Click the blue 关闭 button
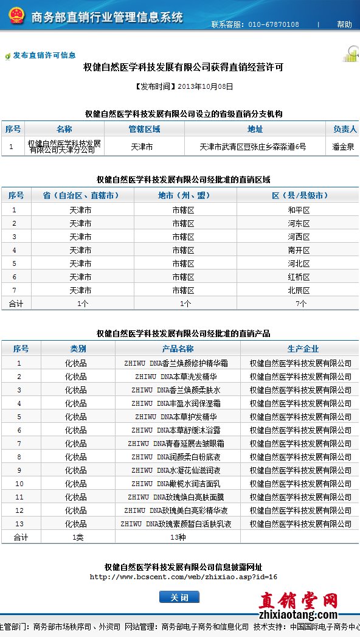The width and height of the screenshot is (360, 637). coord(179,597)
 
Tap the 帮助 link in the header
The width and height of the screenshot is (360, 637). coord(344,24)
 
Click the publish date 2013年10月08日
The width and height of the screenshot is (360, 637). coord(205,86)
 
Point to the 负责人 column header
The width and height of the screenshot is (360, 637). coord(345,129)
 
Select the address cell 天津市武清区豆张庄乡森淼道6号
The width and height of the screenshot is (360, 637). coord(253,147)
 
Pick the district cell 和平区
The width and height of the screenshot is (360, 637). coord(299,210)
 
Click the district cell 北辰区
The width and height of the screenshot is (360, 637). coord(299,290)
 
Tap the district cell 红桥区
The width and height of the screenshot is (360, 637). coord(299,277)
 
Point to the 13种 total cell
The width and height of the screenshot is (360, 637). coord(178,537)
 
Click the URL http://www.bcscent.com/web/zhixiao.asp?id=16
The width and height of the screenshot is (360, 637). coord(184,577)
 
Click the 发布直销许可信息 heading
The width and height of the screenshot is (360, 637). coord(44,55)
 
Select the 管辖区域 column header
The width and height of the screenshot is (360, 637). coord(144,129)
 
